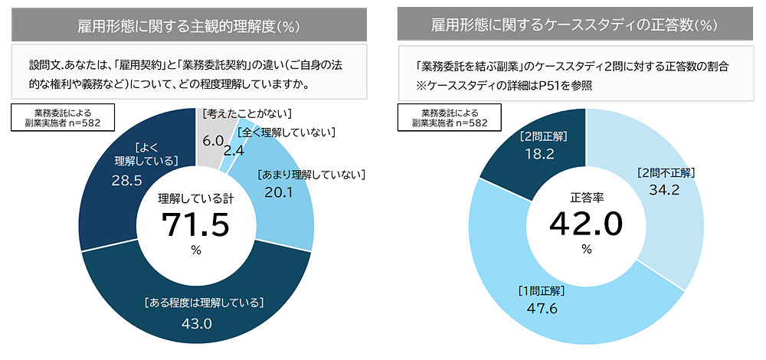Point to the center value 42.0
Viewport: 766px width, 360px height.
pos(587,225)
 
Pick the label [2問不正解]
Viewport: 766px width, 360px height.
pos(665,172)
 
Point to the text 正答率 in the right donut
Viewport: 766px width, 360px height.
pos(587,197)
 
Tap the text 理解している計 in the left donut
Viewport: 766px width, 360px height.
pos(195,198)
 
